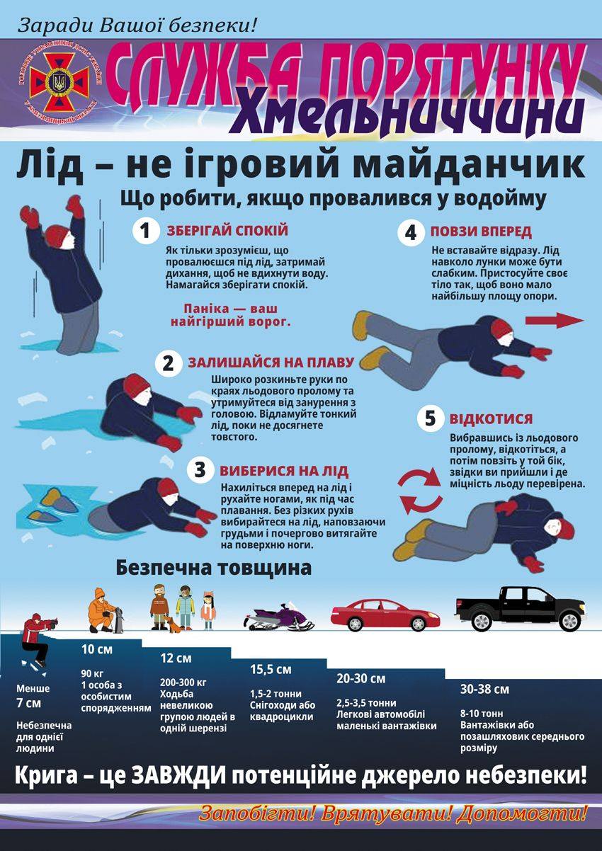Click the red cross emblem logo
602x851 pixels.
[x=59, y=81]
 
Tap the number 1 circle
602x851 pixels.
[x=146, y=231]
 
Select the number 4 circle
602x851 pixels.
[x=411, y=232]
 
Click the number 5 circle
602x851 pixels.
[x=430, y=418]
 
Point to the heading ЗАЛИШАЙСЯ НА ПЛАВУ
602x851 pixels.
[x=271, y=362]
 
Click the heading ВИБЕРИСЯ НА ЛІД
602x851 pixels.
[x=284, y=471]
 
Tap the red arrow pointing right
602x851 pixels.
[x=555, y=321]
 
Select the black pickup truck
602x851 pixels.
[x=521, y=609]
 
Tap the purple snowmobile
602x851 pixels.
[x=279, y=616]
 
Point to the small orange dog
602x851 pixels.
[x=173, y=624]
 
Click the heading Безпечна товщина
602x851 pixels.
[x=214, y=569]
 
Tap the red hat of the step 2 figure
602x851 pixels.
[x=137, y=384]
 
